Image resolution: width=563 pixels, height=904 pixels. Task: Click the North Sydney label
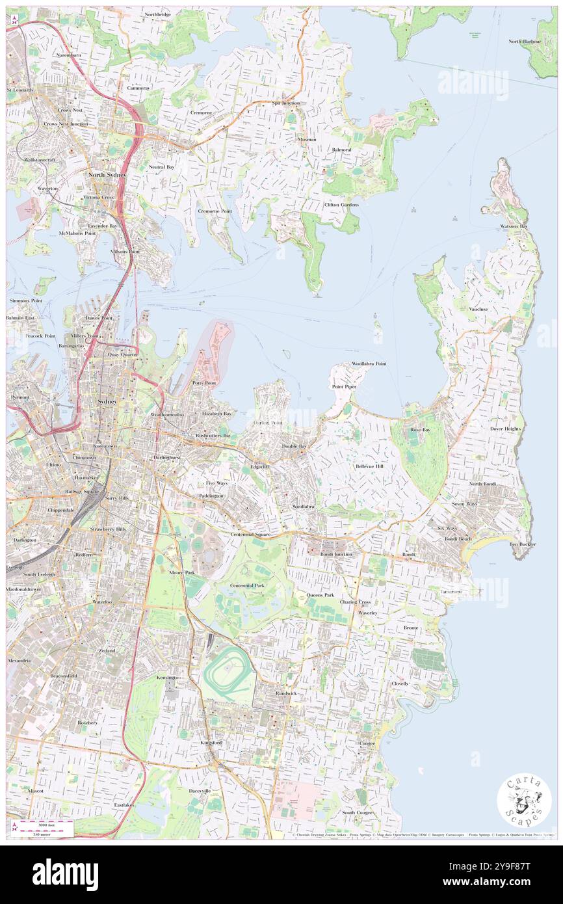[107, 176]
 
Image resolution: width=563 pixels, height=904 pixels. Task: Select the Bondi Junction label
[336, 553]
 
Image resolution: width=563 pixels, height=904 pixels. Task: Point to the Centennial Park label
[248, 586]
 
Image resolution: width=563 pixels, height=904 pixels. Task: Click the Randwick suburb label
[284, 693]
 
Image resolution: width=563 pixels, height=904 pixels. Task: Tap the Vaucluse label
[478, 310]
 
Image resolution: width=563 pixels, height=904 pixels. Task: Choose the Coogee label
[367, 743]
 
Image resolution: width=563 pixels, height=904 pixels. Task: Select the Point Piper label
[345, 387]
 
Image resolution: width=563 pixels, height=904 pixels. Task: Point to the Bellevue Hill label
[369, 467]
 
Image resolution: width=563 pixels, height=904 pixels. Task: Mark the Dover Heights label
[505, 429]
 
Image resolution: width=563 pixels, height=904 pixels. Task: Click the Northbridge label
[157, 14]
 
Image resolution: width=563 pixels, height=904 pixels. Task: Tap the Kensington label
[168, 678]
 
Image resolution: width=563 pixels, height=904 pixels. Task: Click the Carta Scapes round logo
[524, 801]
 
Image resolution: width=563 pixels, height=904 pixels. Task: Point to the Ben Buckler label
[523, 544]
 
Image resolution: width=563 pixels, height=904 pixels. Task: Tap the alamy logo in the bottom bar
[65, 875]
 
